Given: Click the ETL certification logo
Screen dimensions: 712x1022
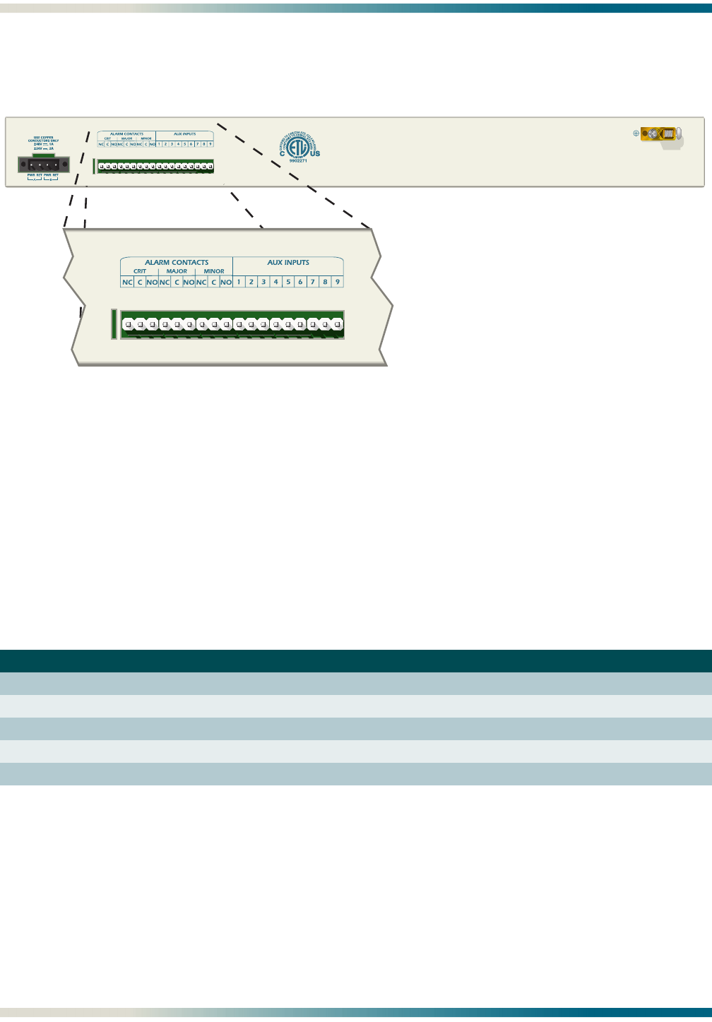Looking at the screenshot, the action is click(299, 143).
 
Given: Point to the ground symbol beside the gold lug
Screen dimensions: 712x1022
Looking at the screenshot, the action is click(636, 133).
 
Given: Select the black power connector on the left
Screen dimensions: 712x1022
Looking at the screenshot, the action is click(44, 165).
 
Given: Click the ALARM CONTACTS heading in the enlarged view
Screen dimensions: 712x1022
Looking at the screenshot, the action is click(177, 263).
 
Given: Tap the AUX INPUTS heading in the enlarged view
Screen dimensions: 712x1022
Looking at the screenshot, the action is click(288, 263).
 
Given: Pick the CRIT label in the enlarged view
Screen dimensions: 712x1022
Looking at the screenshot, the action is click(140, 271).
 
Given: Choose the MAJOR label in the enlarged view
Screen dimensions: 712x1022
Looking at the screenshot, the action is click(177, 271).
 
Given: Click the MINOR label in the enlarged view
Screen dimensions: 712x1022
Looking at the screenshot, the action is click(214, 271).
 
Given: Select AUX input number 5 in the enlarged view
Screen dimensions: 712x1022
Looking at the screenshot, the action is click(288, 283).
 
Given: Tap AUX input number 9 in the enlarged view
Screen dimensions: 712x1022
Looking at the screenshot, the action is click(338, 283).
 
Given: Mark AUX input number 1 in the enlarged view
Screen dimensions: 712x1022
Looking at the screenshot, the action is click(239, 283).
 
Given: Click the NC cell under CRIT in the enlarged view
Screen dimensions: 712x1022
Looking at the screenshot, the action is click(127, 283).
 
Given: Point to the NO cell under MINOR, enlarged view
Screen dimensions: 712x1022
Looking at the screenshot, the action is click(226, 283).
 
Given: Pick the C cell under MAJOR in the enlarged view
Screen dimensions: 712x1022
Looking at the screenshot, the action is click(177, 283).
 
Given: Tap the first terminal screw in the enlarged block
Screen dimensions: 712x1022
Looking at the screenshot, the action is click(128, 325).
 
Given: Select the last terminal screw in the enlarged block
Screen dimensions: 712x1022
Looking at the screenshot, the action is click(338, 325).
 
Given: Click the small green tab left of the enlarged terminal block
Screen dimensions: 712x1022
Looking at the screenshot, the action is click(114, 324).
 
